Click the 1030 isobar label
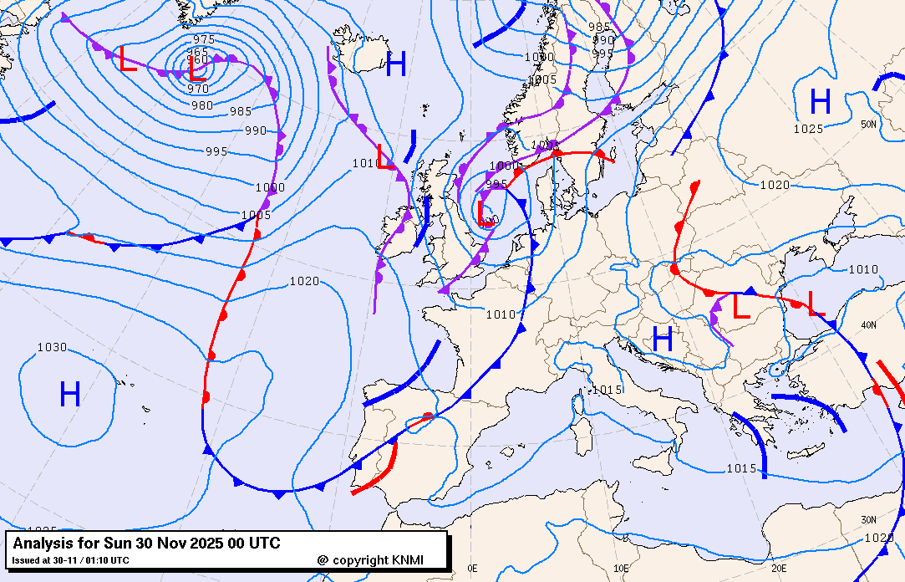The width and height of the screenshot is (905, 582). pos(52,347)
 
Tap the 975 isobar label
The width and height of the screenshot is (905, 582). pos(203,39)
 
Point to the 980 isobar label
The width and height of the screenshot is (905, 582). pos(201,105)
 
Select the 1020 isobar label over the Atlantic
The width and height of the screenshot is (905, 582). pos(304,281)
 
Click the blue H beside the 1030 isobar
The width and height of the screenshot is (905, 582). pos(69,394)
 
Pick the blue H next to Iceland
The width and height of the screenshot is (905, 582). pos(395,64)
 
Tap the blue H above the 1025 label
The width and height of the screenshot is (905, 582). pos(821,102)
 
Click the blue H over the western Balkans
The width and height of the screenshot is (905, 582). pos(663,339)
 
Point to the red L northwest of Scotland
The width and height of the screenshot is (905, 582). pos(385,156)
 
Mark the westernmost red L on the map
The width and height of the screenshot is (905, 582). pos(127,60)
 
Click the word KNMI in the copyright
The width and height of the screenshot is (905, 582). pos(407,559)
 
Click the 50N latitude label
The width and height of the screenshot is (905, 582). pos(869,125)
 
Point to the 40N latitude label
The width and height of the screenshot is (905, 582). pos(869,324)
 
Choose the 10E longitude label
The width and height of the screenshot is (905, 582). pos(620,569)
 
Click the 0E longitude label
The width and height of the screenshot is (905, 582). pos(472,569)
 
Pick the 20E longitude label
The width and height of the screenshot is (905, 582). pos(779,569)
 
